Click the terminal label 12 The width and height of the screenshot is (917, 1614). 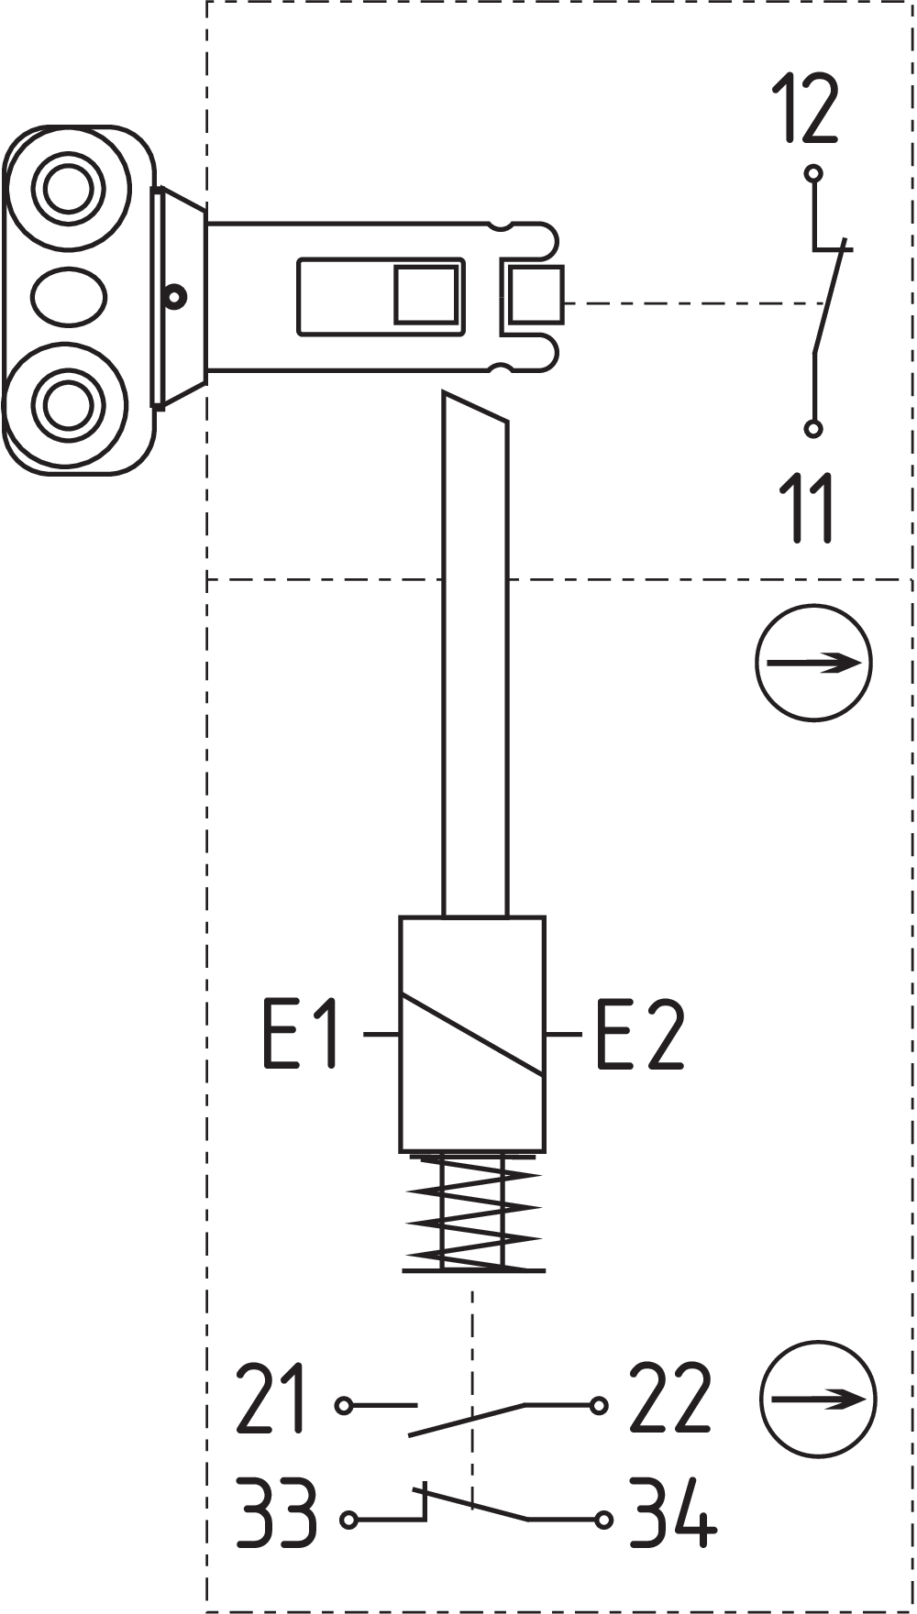pyautogui.click(x=805, y=109)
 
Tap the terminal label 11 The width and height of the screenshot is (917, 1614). pyautogui.click(x=807, y=508)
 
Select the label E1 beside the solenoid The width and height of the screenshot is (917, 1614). pyautogui.click(x=301, y=1034)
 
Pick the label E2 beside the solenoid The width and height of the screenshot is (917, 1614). pyautogui.click(x=640, y=1034)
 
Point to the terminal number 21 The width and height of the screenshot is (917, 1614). pyautogui.click(x=270, y=1399)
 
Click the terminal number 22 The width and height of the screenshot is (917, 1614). pyautogui.click(x=669, y=1399)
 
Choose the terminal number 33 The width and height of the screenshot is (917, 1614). pyautogui.click(x=276, y=1512)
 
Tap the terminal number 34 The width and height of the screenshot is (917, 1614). pyautogui.click(x=672, y=1512)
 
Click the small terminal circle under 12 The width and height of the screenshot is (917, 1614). pyautogui.click(x=812, y=173)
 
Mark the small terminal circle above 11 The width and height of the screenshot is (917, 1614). pyautogui.click(x=812, y=428)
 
